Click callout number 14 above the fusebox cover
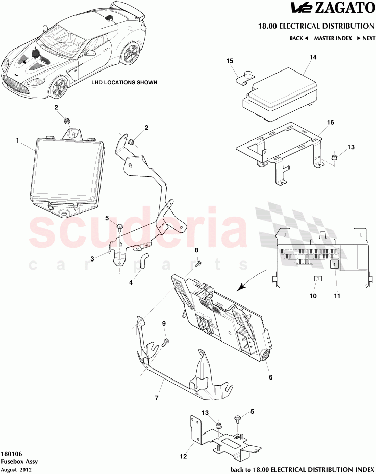[x=313, y=57]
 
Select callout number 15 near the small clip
[x=230, y=61]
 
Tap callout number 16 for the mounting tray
[x=330, y=123]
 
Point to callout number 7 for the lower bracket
[x=157, y=397]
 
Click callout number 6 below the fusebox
[x=270, y=377]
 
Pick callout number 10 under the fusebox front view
[x=313, y=296]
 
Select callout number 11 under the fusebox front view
[x=337, y=296]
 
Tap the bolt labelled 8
[x=198, y=264]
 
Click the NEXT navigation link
[x=366, y=38]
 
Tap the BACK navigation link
[x=298, y=38]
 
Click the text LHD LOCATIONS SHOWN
[x=124, y=82]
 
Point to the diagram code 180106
[x=11, y=454]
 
